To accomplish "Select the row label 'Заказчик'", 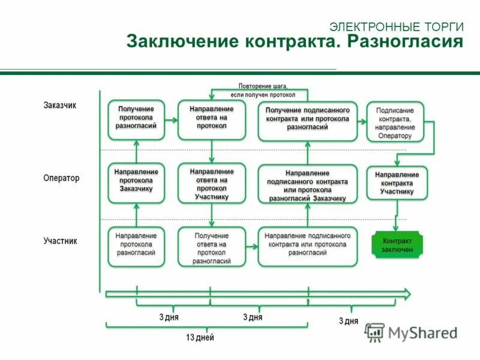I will (x=60, y=105).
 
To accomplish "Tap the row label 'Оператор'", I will (x=61, y=178).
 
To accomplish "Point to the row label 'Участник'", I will (x=61, y=241).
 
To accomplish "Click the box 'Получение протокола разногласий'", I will (x=136, y=118).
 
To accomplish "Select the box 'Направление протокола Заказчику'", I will (x=136, y=181).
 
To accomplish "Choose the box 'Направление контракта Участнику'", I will (x=397, y=183).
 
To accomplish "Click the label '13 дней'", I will (x=200, y=338).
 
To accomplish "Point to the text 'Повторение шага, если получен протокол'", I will (x=263, y=91).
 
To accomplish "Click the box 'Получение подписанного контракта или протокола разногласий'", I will (x=308, y=119).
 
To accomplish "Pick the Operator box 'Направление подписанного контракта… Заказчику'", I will (x=308, y=185).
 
